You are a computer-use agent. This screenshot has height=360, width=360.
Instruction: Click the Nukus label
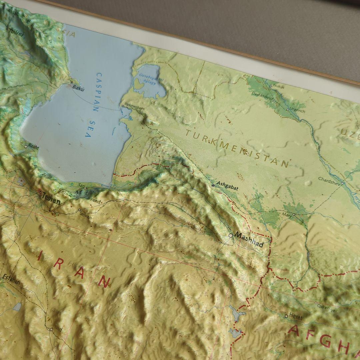279,87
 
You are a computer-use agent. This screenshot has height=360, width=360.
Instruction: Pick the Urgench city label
297,111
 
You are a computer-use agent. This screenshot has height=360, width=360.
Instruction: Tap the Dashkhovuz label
262,95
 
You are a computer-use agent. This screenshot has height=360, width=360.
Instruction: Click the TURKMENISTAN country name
237,149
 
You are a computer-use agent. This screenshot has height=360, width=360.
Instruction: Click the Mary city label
287,215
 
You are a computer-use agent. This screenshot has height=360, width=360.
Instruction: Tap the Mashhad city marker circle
231,235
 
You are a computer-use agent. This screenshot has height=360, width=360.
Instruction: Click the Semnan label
86,215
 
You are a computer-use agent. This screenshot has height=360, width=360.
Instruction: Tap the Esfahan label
11,280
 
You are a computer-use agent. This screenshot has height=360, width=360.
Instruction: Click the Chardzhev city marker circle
342,183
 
